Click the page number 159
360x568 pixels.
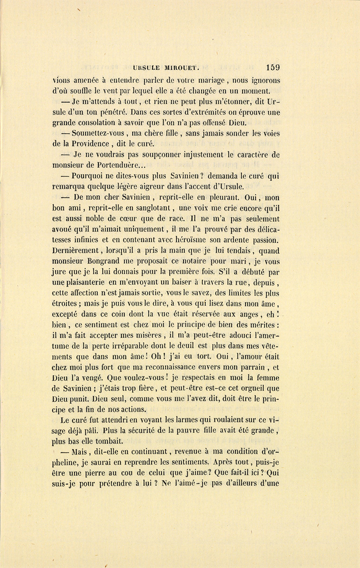point(272,67)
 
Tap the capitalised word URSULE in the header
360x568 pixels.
point(148,68)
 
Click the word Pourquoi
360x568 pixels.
point(88,176)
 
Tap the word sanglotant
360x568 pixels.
point(152,208)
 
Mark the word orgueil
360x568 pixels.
point(252,388)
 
